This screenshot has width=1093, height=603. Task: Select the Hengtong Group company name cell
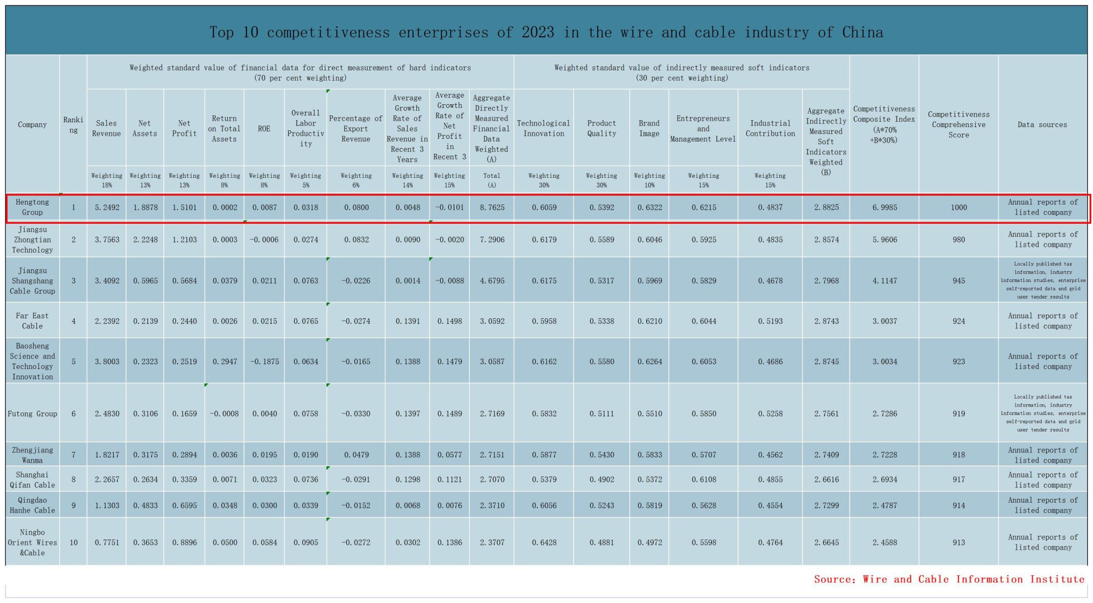click(32, 207)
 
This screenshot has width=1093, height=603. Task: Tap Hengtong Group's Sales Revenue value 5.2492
click(107, 207)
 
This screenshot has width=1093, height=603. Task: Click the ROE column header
click(264, 129)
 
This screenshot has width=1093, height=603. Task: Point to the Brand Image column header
click(649, 129)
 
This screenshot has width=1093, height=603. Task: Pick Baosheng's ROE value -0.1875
click(264, 362)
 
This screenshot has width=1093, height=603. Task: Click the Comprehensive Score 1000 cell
click(959, 207)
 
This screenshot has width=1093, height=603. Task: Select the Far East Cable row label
click(32, 321)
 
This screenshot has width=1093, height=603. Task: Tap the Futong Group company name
click(32, 414)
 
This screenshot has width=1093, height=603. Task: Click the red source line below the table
click(949, 579)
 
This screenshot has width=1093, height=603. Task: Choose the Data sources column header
click(1042, 125)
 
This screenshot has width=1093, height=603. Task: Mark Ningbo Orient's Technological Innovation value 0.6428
click(544, 543)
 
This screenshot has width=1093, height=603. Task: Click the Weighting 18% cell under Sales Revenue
click(107, 181)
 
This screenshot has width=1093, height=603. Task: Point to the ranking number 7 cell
click(74, 455)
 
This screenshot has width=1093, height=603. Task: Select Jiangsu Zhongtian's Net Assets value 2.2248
click(145, 240)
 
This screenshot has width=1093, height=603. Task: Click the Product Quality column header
click(601, 129)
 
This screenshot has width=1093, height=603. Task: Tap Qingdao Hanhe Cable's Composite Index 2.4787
click(884, 505)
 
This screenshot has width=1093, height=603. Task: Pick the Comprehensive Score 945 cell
click(959, 281)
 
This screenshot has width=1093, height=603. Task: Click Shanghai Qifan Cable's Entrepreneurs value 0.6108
click(703, 480)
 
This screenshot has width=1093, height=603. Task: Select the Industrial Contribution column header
click(770, 129)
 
